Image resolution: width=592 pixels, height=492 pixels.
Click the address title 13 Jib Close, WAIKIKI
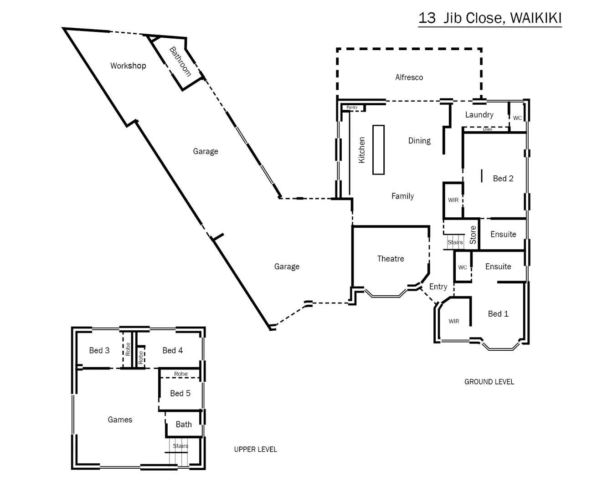[x=489, y=18]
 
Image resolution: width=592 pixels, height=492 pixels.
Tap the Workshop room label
[x=128, y=66]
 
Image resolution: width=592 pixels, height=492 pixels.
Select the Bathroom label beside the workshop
[x=180, y=62]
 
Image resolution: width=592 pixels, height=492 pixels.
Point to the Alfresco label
[x=409, y=77]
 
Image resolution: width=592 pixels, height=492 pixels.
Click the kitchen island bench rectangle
[x=378, y=149]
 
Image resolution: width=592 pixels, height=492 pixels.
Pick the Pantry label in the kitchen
[x=352, y=108]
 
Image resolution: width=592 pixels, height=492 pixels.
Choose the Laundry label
[x=479, y=115]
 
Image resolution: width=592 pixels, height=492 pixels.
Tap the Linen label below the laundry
[x=487, y=129]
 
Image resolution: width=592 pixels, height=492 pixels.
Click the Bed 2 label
[x=503, y=179]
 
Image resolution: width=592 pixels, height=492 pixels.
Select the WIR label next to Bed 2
[x=453, y=200]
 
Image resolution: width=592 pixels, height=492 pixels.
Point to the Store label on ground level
[x=473, y=235]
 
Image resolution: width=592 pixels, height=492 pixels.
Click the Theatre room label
[x=391, y=259]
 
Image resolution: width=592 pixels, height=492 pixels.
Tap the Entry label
[x=438, y=287]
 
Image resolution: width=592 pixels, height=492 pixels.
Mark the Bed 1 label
[x=498, y=314]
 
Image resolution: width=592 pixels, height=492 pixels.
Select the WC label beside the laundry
[x=517, y=118]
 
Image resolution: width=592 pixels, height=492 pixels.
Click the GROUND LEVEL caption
[x=489, y=382]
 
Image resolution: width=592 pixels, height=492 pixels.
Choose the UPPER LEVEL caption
[x=255, y=449]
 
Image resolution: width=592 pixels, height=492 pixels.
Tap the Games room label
[x=120, y=420]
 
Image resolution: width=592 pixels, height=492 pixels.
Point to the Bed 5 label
[x=180, y=393]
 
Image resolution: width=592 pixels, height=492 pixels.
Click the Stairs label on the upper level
[x=180, y=446]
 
